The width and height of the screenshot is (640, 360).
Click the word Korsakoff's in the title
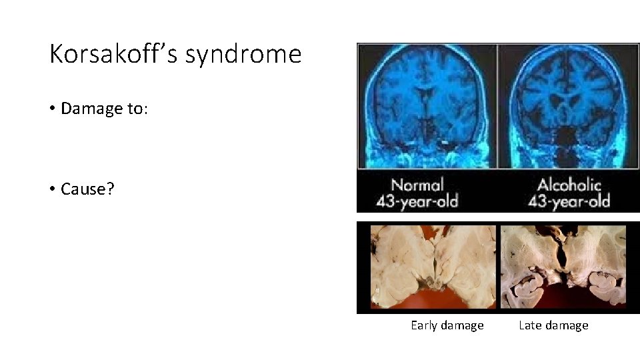pos(113,54)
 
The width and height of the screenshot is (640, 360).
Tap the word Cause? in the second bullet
pos(87,189)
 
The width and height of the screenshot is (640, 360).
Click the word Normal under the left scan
pos(417,185)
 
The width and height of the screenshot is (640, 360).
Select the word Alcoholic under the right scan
pos(569,185)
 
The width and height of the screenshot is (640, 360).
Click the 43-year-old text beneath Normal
pos(417,201)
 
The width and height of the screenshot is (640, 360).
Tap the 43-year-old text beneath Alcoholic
pos(569,201)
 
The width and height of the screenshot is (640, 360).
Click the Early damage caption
pos(447,325)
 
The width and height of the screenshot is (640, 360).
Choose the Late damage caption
pos(553,325)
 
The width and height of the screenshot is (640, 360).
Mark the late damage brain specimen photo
pos(563,267)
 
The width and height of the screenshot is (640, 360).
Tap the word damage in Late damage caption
pos(565,325)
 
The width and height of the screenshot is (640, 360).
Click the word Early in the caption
pos(424,325)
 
